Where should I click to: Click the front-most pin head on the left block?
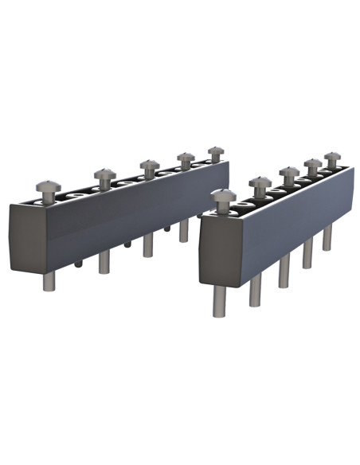click(48, 188)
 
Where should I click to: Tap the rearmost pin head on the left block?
click(216, 150)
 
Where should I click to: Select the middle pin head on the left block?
click(150, 165)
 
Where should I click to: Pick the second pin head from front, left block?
click(104, 174)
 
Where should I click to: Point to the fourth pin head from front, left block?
click(186, 157)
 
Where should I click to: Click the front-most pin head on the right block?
click(223, 196)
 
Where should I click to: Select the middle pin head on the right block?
click(289, 171)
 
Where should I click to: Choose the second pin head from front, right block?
click(260, 183)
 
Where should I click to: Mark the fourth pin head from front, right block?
click(313, 163)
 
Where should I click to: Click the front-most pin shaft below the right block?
click(218, 300)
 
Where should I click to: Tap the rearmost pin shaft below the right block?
click(327, 237)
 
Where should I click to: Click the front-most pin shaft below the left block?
click(49, 281)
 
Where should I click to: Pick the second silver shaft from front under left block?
click(104, 261)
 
